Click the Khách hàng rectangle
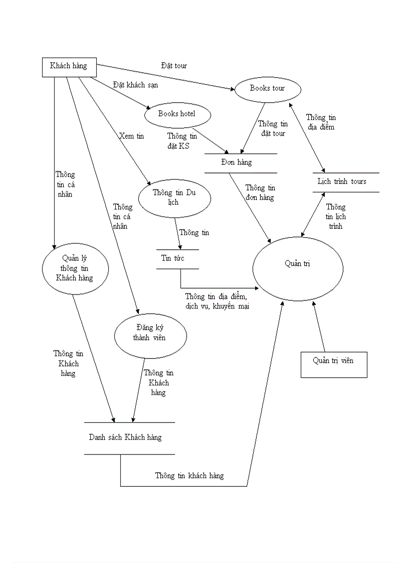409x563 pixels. (x=68, y=66)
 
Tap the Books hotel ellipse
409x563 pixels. (x=176, y=114)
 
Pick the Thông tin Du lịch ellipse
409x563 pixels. (x=174, y=198)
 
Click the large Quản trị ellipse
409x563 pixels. (x=298, y=268)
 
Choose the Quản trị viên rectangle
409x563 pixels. (x=333, y=364)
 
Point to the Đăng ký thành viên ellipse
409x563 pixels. (x=150, y=333)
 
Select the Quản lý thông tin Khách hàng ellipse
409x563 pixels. (x=75, y=268)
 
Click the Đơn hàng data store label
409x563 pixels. (x=237, y=162)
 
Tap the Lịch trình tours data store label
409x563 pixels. (x=342, y=181)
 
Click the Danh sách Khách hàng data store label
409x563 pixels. (x=125, y=438)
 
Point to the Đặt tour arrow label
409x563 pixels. (x=174, y=66)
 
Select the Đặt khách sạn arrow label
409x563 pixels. (x=135, y=85)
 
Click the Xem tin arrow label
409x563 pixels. (x=131, y=136)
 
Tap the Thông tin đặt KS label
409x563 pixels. (x=182, y=141)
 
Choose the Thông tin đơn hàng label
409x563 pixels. (x=260, y=193)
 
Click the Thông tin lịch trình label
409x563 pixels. (x=335, y=217)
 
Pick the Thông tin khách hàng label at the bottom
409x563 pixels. (x=189, y=476)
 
